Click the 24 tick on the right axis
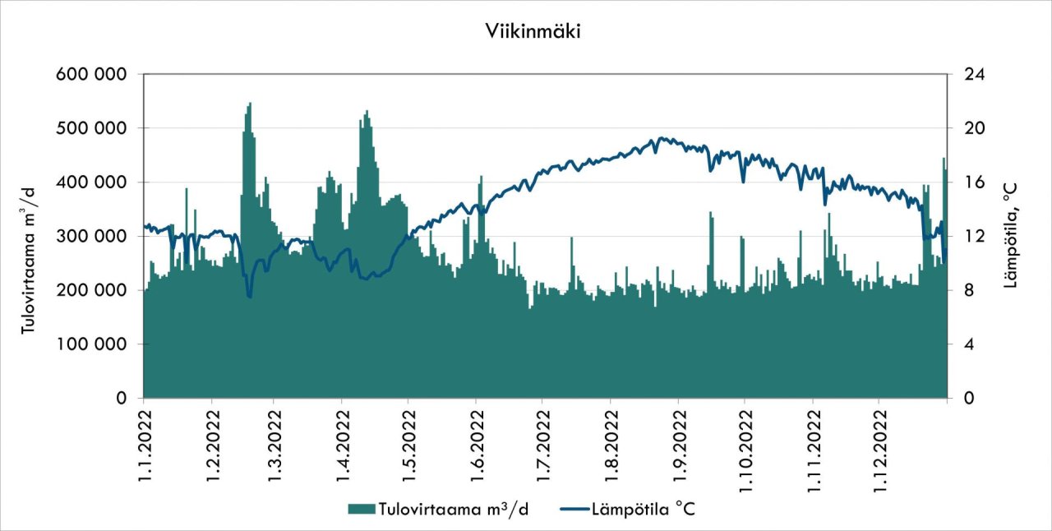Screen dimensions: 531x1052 [x=967, y=74]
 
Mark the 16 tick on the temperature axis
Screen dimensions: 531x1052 [x=967, y=182]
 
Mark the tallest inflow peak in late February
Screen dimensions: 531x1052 [x=250, y=104]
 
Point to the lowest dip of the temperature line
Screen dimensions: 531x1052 [x=249, y=297]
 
